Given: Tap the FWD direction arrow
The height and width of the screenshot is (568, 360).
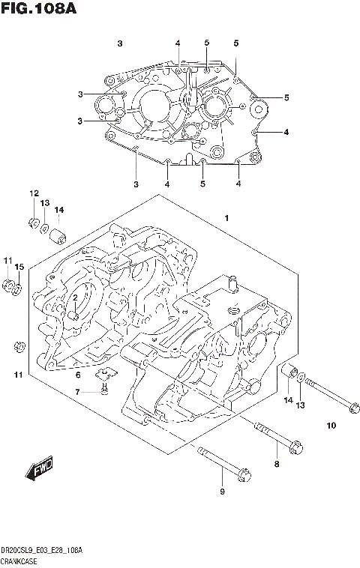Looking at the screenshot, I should click(x=39, y=470).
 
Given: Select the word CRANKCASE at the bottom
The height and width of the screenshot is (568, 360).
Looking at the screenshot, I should click(x=22, y=561).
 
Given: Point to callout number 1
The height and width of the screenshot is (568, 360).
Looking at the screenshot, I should click(x=225, y=218).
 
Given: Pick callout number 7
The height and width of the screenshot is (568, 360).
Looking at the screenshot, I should click(x=76, y=392).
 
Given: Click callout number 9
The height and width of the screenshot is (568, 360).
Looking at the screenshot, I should click(x=221, y=492).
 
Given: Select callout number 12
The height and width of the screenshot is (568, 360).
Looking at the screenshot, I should click(x=34, y=194).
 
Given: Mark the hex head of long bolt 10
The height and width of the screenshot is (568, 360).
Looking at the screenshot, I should click(x=353, y=407).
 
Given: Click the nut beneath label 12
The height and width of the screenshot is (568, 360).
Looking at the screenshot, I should click(x=33, y=222).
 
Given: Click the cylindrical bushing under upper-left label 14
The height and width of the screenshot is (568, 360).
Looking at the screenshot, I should click(x=57, y=237).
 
